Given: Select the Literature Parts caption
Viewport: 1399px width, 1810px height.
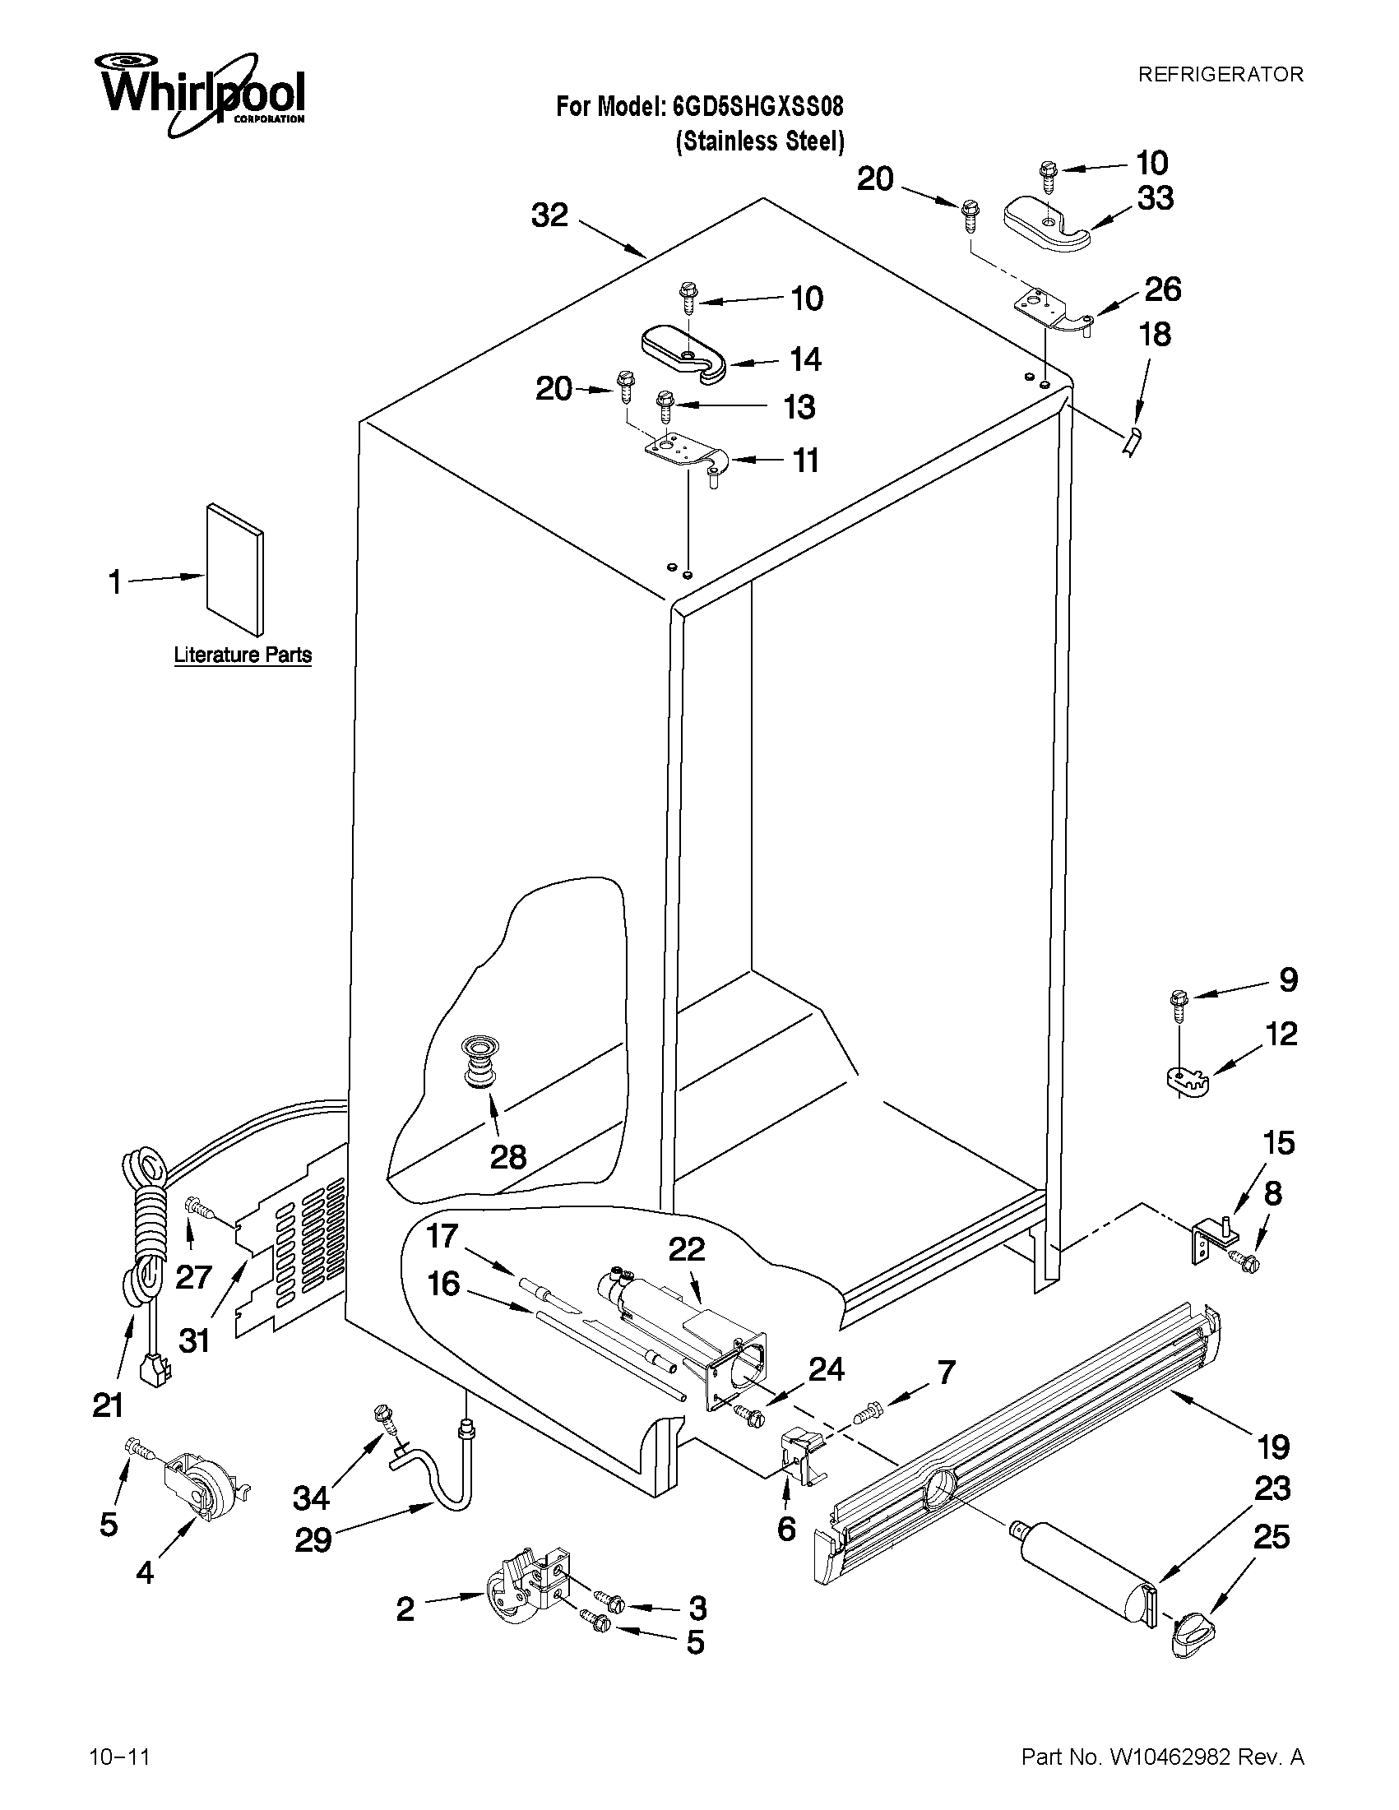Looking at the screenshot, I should (x=242, y=655).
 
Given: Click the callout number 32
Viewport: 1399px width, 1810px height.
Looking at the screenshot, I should (x=549, y=215).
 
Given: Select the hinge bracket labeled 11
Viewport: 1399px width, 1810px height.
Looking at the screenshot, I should (x=685, y=452).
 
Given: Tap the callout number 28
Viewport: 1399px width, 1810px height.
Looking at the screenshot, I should (x=507, y=1157).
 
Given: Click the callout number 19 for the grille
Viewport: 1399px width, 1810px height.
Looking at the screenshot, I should (x=1273, y=1447).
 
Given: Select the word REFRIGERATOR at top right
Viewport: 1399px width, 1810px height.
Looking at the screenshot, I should (x=1220, y=75).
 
